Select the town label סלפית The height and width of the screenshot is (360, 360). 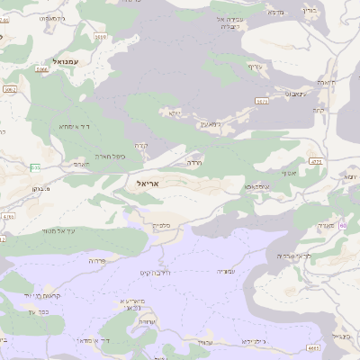[x=161, y=226]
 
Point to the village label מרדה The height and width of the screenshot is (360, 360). [x=193, y=163]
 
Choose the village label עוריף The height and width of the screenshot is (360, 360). [x=256, y=67]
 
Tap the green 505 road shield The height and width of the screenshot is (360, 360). [x=35, y=167]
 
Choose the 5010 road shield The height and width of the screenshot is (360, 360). [x=99, y=37]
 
